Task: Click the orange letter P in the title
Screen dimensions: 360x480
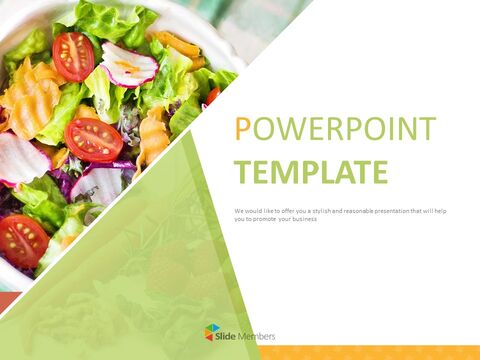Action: point(241,129)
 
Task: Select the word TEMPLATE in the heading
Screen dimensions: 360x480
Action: point(310,172)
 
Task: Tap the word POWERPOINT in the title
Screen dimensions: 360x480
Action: point(336,129)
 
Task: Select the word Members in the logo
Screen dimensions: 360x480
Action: point(256,335)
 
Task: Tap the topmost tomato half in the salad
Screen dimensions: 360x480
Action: point(73,56)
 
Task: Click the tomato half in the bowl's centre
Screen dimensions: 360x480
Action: point(94,139)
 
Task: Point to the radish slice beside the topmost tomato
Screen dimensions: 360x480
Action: point(128,65)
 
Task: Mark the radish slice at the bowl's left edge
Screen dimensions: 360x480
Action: point(20,158)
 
